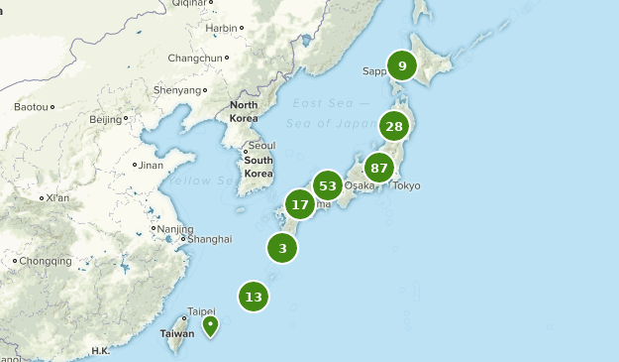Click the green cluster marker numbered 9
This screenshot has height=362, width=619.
coord(402,66)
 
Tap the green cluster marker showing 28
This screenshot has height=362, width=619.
coord(394,126)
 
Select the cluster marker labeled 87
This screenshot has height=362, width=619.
coord(379,168)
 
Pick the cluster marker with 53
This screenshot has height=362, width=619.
coord(328,185)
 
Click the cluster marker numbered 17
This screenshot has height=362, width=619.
coord(300,205)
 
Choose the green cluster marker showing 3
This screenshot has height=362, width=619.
coord(282,248)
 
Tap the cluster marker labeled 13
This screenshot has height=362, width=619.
coord(254,297)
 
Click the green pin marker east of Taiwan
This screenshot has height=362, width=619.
coord(210,325)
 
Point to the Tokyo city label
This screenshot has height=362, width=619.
coord(406,185)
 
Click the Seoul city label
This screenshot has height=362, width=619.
coord(262,145)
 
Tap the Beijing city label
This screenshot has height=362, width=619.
coord(105,120)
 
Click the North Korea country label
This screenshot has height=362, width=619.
coord(244,111)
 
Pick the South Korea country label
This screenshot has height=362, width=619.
coord(258,167)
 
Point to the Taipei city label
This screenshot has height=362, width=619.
coord(201,310)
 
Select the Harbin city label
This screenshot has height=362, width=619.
coord(221,29)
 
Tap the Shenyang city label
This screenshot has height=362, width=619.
coord(177,90)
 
